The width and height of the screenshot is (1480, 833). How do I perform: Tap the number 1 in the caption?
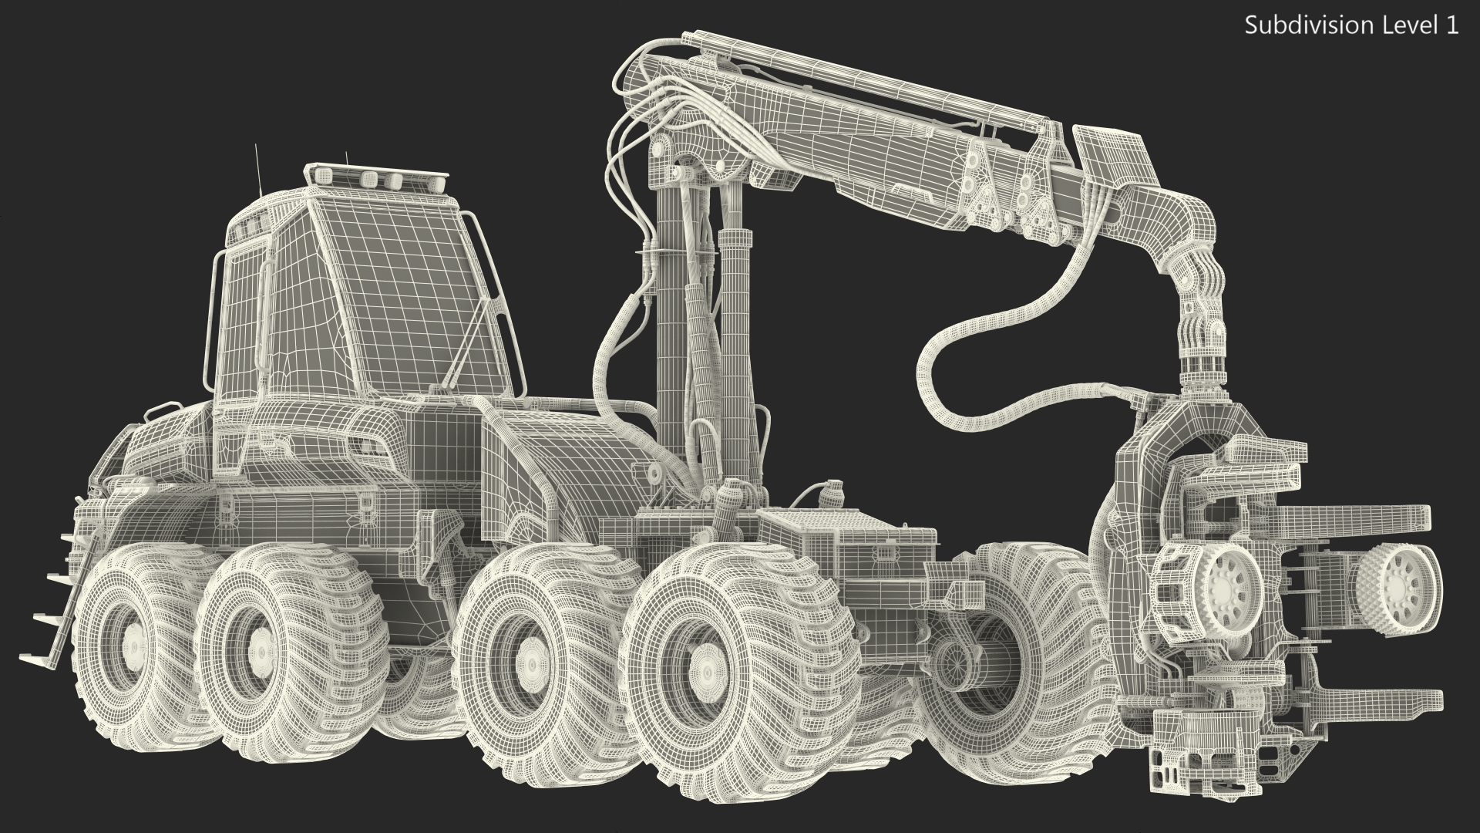click(x=1452, y=25)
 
